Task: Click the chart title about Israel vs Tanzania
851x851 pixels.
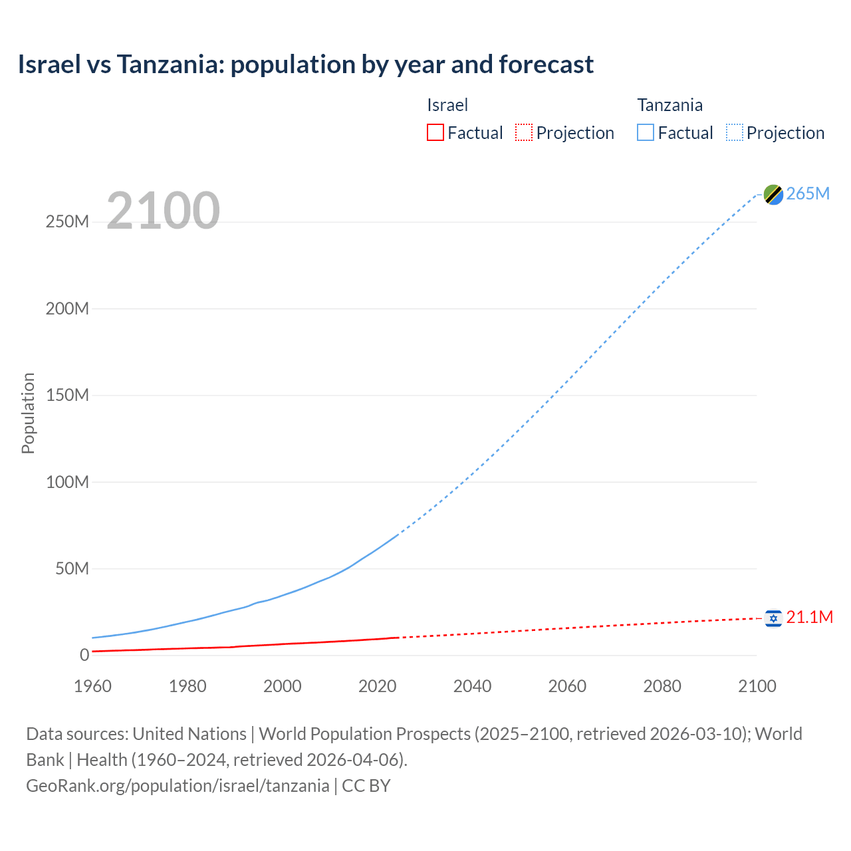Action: [306, 64]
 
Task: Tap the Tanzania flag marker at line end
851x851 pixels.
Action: [773, 194]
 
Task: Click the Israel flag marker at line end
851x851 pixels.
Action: [773, 618]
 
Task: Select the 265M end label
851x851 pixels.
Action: [808, 193]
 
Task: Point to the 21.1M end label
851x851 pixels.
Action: [809, 617]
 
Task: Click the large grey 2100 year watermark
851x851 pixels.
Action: [163, 211]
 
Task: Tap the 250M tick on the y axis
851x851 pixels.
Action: [67, 222]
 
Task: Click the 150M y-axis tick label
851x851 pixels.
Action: [67, 396]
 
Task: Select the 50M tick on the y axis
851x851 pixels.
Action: [72, 569]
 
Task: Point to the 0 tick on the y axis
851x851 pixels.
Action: [84, 656]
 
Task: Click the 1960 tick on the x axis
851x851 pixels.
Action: [92, 686]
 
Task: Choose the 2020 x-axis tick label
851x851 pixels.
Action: [377, 686]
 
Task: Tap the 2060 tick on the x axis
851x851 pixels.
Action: [567, 686]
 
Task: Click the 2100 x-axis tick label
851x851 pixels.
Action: [757, 686]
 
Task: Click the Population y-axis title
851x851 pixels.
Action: [28, 413]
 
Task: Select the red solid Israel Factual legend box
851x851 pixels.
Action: [435, 133]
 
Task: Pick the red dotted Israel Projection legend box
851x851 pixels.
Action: [524, 133]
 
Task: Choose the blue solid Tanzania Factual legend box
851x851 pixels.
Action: [646, 133]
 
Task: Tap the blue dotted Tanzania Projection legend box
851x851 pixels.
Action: [735, 133]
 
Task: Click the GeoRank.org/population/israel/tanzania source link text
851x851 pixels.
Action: [178, 786]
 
